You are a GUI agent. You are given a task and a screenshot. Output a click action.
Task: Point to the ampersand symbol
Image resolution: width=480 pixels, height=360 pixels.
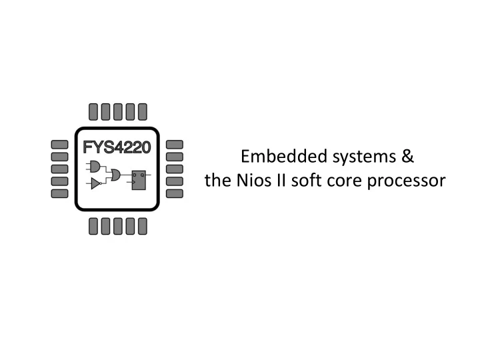click(408, 156)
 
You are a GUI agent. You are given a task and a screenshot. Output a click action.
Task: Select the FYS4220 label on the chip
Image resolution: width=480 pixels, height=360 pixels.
click(117, 147)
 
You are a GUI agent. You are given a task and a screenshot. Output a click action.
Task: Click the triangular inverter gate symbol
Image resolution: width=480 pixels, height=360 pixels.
click(96, 184)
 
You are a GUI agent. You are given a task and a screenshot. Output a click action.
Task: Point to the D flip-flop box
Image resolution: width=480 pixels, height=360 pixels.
click(139, 180)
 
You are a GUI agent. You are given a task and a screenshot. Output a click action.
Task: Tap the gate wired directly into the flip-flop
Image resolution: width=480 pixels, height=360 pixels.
click(116, 175)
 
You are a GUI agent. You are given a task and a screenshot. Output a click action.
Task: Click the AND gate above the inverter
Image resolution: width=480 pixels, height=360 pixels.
click(95, 166)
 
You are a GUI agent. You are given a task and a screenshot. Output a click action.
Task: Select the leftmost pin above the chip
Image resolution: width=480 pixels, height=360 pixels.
click(93, 112)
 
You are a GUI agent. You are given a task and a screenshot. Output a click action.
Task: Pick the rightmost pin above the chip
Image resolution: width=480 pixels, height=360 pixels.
click(143, 112)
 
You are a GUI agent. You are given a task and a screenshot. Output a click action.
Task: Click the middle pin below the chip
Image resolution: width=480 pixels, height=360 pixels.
click(118, 226)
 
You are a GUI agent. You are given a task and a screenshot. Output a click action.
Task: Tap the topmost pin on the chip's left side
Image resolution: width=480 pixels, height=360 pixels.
click(60, 145)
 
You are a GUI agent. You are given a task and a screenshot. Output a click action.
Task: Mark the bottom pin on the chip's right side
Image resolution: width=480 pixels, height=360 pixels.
click(175, 193)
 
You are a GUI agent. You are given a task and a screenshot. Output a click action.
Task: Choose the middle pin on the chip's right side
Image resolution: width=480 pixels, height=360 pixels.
click(175, 169)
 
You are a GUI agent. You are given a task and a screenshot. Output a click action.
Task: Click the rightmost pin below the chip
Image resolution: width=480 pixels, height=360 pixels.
click(143, 226)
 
